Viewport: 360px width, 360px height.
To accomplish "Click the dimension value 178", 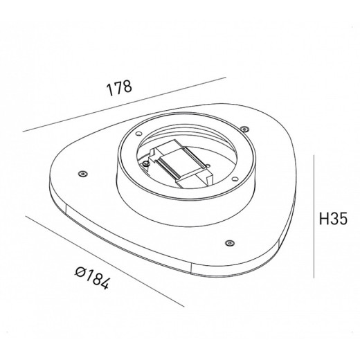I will [x=119, y=89].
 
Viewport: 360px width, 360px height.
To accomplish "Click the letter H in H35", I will [x=323, y=219].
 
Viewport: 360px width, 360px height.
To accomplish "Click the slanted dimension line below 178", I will [x=125, y=105].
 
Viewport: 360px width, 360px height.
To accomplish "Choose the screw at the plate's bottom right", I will [x=228, y=243].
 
